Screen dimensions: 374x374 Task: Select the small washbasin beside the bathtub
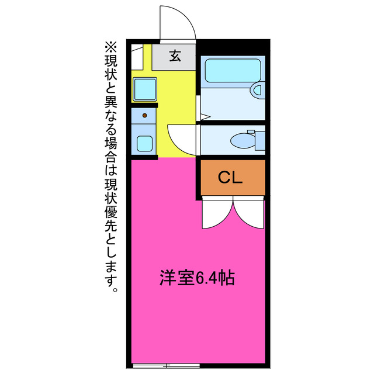257,89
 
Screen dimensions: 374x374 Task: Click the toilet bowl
241,141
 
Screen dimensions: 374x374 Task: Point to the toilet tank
259,140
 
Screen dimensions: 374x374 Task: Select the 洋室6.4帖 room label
197,278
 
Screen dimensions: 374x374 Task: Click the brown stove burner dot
143,115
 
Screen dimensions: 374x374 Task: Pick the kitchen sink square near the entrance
143,88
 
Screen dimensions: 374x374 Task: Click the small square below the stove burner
143,141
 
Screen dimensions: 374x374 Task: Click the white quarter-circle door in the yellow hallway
181,139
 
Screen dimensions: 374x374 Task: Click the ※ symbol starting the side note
110,46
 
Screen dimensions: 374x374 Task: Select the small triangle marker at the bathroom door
204,117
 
